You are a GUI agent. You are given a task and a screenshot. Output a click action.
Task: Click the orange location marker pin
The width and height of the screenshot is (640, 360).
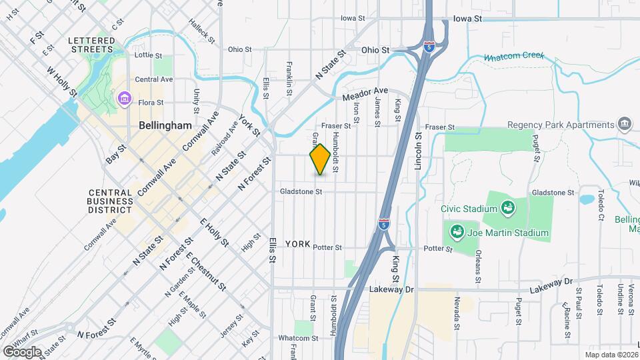pyautogui.click(x=320, y=159)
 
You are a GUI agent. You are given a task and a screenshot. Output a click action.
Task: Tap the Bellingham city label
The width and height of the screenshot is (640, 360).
pyautogui.click(x=165, y=125)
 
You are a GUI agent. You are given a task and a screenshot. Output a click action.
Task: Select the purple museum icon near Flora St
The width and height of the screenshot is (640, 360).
pyautogui.click(x=123, y=100)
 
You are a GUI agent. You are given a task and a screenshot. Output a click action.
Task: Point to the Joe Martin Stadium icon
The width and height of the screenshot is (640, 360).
pyautogui.click(x=457, y=233)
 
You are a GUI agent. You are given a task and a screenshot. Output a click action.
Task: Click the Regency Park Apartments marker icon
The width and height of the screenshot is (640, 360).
pyautogui.click(x=625, y=124)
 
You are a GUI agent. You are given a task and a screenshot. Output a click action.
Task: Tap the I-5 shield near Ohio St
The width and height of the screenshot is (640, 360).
pyautogui.click(x=430, y=47)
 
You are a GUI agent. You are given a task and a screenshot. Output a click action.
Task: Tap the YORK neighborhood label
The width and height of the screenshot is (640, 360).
pyautogui.click(x=298, y=245)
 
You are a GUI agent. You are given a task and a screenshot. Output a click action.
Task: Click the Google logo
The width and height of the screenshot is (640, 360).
pyautogui.click(x=22, y=351)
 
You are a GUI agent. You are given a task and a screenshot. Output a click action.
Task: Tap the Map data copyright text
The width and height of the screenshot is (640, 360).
pyautogui.click(x=611, y=355)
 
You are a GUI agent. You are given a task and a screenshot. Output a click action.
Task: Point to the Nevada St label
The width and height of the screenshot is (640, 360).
pyautogui.click(x=457, y=313)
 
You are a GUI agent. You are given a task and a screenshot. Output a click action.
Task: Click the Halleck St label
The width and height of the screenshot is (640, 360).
pyautogui.click(x=201, y=32)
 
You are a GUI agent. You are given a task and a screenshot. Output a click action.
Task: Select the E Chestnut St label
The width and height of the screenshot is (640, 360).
pyautogui.click(x=205, y=269)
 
